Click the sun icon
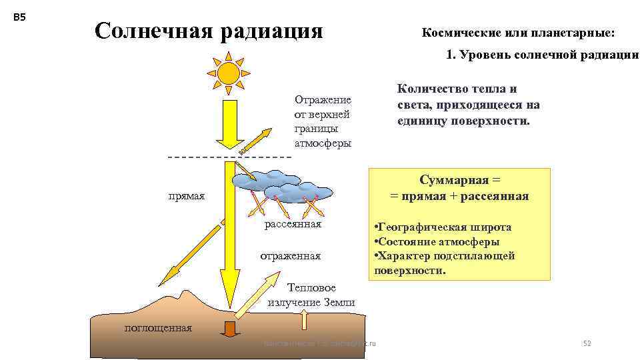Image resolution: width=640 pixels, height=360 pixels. (228, 73)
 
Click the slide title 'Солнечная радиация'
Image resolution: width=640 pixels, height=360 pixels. (209, 31)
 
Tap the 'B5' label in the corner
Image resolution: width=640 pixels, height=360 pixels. (19, 18)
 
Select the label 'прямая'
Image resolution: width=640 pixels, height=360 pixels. (186, 197)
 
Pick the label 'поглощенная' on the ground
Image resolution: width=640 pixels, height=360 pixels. (159, 327)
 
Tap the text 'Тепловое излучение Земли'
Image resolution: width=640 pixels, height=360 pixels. (311, 295)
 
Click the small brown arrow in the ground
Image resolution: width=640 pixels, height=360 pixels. (231, 329)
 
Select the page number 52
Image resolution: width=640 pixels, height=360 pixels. (587, 343)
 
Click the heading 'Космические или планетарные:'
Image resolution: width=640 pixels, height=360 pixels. (519, 33)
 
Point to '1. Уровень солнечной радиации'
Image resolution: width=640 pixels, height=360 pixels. (542, 55)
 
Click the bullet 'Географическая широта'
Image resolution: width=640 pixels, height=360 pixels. (444, 227)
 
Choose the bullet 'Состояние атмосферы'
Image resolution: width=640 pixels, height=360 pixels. (437, 242)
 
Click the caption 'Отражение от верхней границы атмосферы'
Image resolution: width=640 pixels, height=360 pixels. (323, 121)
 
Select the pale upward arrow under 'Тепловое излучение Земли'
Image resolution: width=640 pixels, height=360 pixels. (305, 319)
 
